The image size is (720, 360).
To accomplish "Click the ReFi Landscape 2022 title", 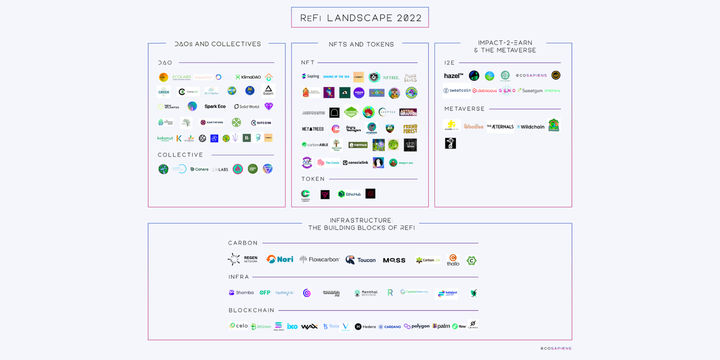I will click(x=360, y=18).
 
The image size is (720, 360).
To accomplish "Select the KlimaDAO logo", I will click(x=248, y=77).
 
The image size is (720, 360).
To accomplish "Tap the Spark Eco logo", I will click(x=215, y=107).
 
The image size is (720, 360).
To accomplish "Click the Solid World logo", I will click(x=247, y=107).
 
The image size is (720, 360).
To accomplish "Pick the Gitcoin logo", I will click(x=261, y=122).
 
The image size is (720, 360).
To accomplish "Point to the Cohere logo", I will click(x=199, y=169).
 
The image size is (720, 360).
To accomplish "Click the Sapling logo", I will click(x=310, y=76).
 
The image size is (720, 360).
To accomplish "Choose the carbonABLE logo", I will click(x=315, y=145).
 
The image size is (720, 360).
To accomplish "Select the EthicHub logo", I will click(x=350, y=194).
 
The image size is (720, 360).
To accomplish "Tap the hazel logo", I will click(x=453, y=76).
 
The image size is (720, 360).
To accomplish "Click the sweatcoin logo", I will click(x=457, y=90).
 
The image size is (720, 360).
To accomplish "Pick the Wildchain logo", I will click(x=531, y=127).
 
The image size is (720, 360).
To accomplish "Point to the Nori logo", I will click(x=280, y=259).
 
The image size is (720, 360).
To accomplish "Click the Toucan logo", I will click(x=360, y=260).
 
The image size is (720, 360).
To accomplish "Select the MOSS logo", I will click(x=394, y=260).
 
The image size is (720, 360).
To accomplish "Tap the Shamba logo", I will click(x=241, y=292).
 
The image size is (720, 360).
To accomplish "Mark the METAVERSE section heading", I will click(x=464, y=109).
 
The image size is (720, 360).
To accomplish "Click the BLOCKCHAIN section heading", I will click(x=251, y=310).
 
